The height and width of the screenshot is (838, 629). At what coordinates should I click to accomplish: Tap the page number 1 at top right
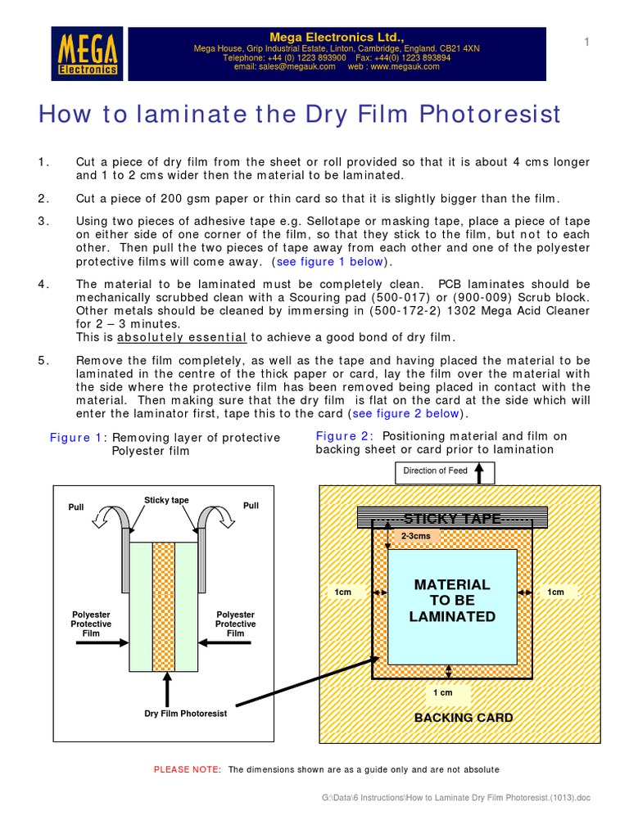pyautogui.click(x=586, y=42)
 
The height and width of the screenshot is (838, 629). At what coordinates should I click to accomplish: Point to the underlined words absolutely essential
pyautogui.click(x=182, y=337)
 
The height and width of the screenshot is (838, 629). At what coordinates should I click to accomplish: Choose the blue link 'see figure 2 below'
pyautogui.click(x=406, y=414)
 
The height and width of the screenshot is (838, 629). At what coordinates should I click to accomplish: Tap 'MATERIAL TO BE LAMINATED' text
pyautogui.click(x=451, y=601)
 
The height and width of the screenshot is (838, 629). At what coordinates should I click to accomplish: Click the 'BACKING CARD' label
pyautogui.click(x=463, y=718)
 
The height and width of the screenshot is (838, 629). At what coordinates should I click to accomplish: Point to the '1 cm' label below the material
pyautogui.click(x=442, y=693)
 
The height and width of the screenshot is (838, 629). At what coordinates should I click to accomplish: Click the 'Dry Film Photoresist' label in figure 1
pyautogui.click(x=185, y=714)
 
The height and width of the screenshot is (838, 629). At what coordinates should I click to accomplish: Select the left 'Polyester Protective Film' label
pyautogui.click(x=91, y=624)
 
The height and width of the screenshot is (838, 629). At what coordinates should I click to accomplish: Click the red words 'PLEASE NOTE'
pyautogui.click(x=186, y=770)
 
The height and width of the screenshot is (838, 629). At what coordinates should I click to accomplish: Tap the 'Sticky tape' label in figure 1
pyautogui.click(x=166, y=500)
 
